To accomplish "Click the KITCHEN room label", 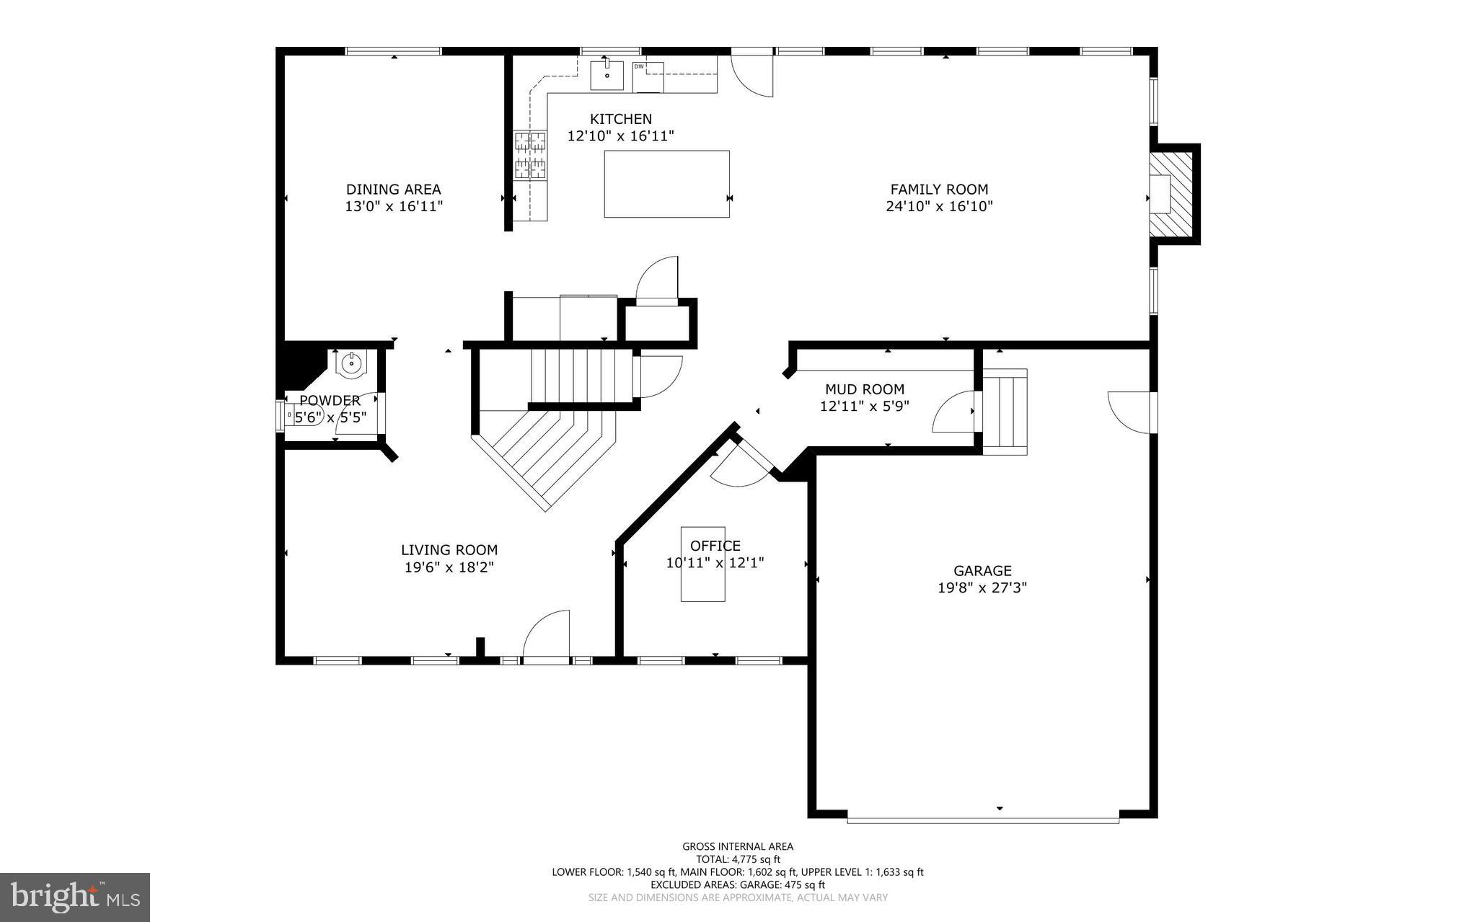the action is tap(620, 119).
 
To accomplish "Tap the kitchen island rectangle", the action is tap(666, 184).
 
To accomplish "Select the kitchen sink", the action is tap(607, 76).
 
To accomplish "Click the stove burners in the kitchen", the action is tap(530, 154).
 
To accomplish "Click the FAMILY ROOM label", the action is tap(939, 190).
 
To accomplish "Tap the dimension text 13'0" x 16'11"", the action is tap(394, 207).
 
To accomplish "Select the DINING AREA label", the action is tap(394, 190).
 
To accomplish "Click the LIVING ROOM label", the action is tap(449, 550).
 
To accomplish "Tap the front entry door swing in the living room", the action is tap(546, 634).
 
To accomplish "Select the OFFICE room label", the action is tap(715, 546).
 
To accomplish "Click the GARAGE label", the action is tap(982, 571).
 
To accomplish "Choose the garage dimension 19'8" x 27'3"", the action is tap(982, 588).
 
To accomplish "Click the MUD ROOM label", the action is tap(865, 389).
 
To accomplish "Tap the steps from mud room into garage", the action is tap(1005, 412).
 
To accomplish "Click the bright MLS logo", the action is tap(75, 897).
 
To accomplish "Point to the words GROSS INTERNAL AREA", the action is tap(738, 847).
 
